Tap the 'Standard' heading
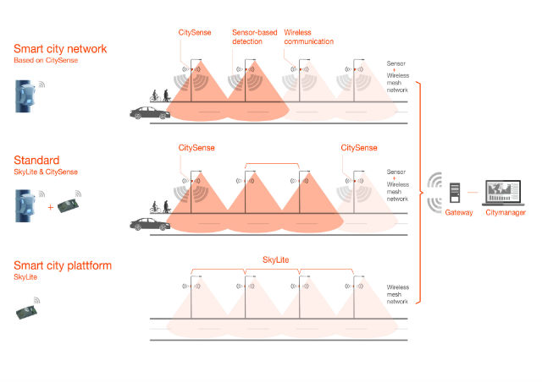pos(36,160)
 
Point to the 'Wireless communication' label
pos(308,36)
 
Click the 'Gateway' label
pos(458,213)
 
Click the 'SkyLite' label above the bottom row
pos(276,260)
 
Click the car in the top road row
pos(151,112)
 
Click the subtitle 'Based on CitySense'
pos(43,61)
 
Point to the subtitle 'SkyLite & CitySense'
pos(45,172)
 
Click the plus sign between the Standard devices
pos(52,206)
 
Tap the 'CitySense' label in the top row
pos(195,32)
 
